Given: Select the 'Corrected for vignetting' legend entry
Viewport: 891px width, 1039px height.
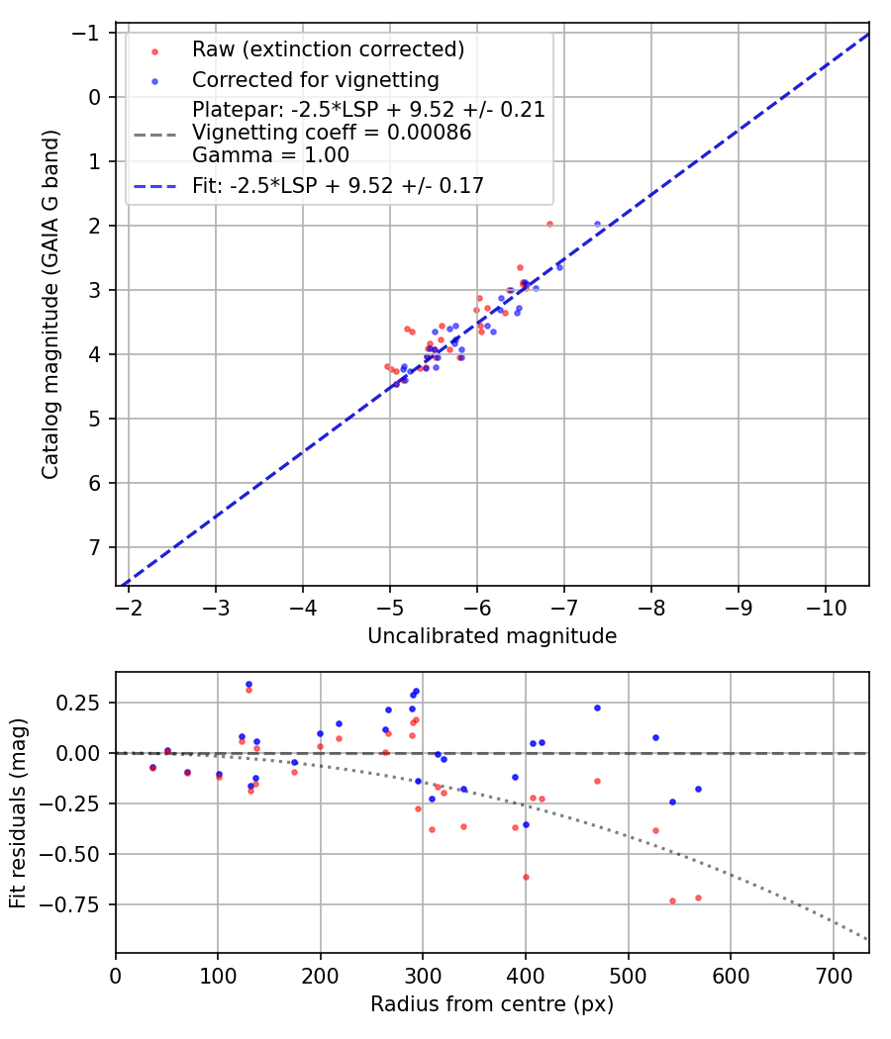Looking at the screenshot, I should [315, 79].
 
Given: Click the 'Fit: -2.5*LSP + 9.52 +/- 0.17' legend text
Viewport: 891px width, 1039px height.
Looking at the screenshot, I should [338, 186].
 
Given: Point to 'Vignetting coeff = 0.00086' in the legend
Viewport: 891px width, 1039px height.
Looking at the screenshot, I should [332, 133].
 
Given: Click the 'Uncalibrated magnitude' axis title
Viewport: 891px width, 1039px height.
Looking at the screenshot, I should [492, 636].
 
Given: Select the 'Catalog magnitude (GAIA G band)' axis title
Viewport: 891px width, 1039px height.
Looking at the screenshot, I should [51, 310].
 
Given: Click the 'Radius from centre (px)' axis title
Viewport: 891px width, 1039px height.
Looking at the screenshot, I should [492, 1004].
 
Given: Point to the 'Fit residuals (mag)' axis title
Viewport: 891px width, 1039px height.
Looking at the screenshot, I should [18, 812].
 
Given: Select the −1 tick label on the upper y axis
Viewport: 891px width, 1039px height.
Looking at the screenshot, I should [89, 33].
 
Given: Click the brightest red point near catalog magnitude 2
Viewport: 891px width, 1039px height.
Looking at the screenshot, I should [549, 224].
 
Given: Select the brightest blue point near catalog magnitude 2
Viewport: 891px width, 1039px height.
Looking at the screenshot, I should [597, 225].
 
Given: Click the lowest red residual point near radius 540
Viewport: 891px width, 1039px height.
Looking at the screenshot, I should [672, 900].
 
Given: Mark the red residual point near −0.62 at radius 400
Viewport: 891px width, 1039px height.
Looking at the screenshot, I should [526, 877].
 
